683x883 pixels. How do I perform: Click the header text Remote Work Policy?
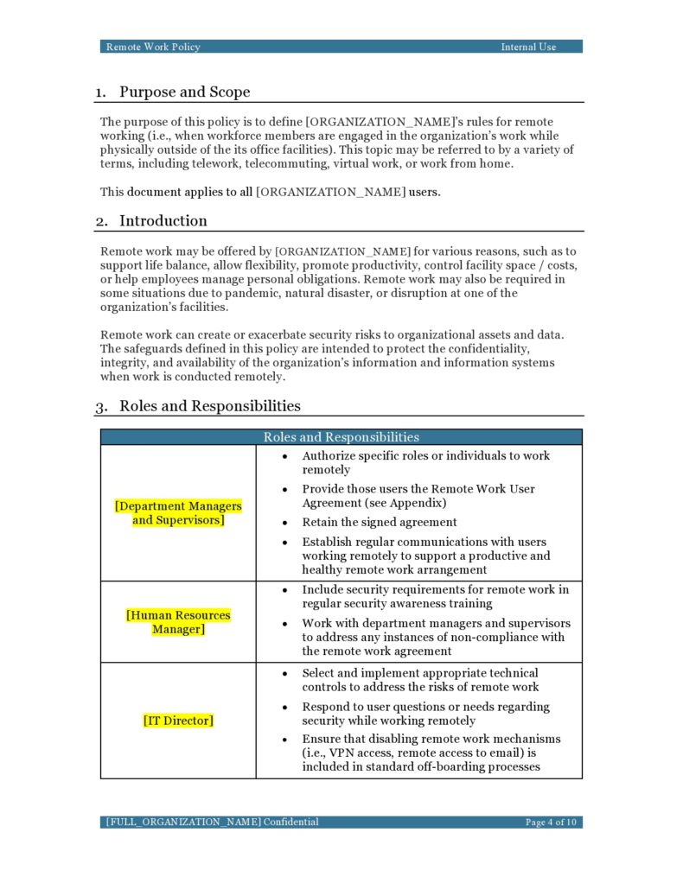click(x=153, y=47)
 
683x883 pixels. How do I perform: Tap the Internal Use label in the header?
click(x=528, y=47)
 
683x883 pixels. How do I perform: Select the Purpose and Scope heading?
click(x=184, y=92)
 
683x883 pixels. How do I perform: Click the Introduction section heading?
click(x=163, y=220)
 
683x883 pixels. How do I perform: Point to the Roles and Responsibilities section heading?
click(x=209, y=406)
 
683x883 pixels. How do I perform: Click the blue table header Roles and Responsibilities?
click(x=341, y=437)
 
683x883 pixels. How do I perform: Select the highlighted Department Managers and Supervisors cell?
click(x=178, y=513)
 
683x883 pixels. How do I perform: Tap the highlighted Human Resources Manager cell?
click(x=178, y=622)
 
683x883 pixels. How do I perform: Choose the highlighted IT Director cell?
click(x=178, y=721)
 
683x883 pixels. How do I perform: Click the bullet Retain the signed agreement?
click(x=379, y=523)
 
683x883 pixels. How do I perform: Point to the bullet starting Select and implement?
click(x=419, y=680)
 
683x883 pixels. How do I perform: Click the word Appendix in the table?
click(x=428, y=503)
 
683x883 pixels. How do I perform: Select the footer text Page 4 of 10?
click(x=551, y=822)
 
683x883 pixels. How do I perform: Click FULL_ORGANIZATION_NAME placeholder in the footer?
click(x=183, y=822)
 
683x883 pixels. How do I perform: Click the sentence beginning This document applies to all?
click(x=270, y=192)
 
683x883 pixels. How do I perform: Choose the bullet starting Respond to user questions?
click(x=425, y=714)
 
